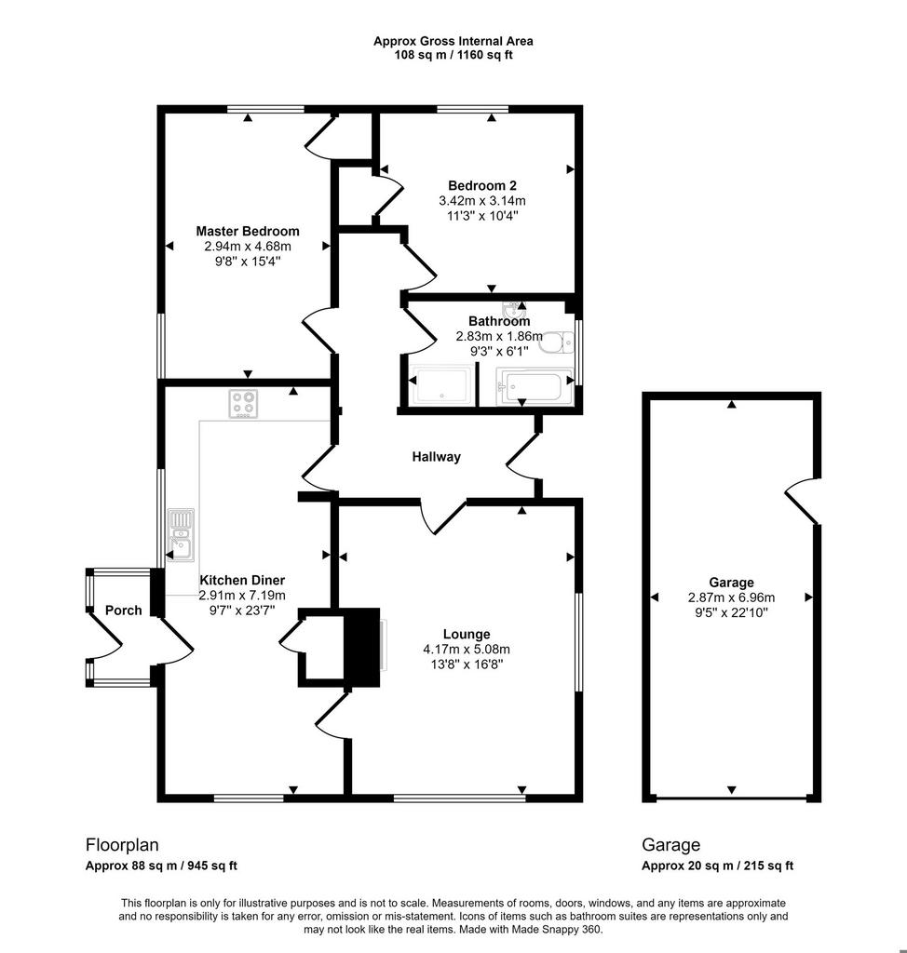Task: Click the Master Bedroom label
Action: [x=248, y=231]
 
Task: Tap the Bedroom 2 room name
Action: [x=482, y=185]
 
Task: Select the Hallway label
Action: [x=436, y=456]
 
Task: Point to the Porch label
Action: [x=124, y=611]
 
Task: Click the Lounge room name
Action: [x=467, y=635]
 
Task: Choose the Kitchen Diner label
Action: [x=242, y=581]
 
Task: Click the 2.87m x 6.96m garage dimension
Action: [x=731, y=597]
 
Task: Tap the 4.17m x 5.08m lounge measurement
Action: [x=467, y=650]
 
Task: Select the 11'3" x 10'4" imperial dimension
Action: [x=482, y=215]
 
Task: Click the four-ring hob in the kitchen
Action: [x=243, y=404]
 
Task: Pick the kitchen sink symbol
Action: [x=181, y=535]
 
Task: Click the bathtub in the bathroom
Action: [x=535, y=386]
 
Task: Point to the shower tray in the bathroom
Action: [x=441, y=384]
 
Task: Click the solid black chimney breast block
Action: [x=362, y=648]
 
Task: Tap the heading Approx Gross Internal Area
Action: [x=453, y=41]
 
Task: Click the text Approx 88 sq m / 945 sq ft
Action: [x=161, y=866]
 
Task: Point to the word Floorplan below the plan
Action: [x=122, y=845]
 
